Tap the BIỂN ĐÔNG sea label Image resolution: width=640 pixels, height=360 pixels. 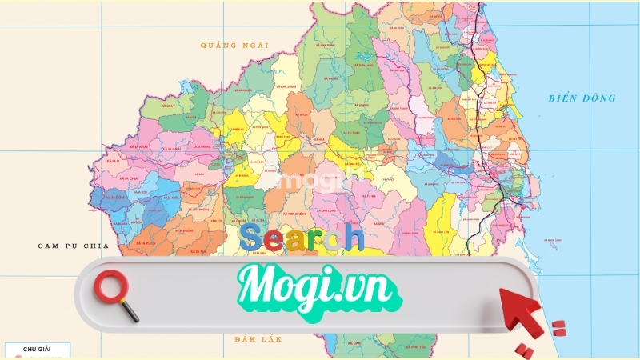point(582,98)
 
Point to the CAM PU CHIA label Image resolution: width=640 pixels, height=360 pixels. point(71,246)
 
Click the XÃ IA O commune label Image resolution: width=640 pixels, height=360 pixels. point(110,161)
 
